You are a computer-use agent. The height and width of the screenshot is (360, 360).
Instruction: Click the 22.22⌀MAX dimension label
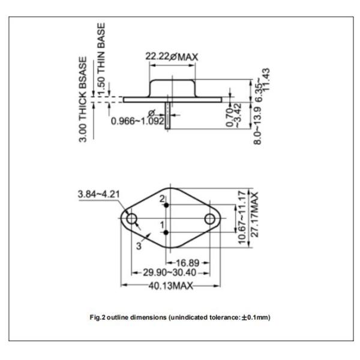pos(172,58)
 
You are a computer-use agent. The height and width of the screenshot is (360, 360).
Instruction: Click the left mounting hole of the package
pos(131,218)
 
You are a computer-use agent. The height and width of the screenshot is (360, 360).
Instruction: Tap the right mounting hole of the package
pos(211,218)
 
